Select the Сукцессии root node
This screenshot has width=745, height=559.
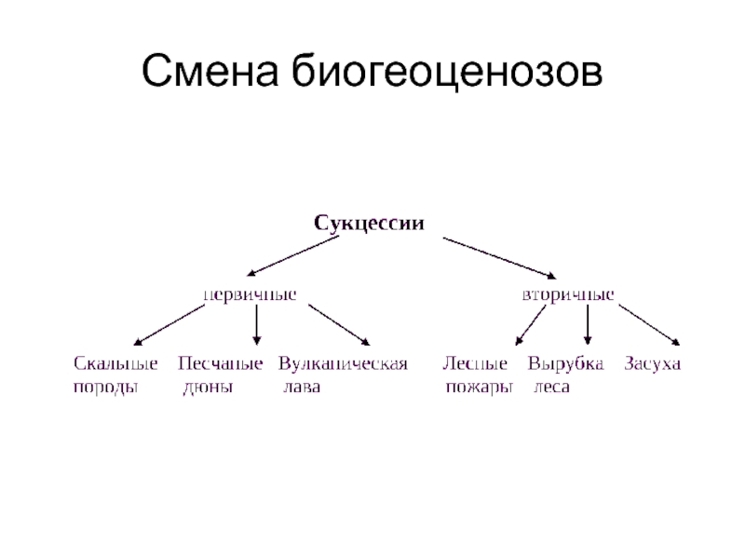pyautogui.click(x=369, y=223)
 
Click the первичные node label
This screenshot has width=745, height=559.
pyautogui.click(x=251, y=293)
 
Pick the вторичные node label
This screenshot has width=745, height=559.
pyautogui.click(x=567, y=293)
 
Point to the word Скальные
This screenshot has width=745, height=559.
pyautogui.click(x=115, y=363)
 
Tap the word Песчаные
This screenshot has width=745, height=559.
pyautogui.click(x=220, y=363)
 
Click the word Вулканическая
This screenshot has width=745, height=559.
pyautogui.click(x=344, y=363)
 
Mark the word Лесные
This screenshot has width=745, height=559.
pyautogui.click(x=475, y=363)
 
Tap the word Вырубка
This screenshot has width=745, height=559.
pyautogui.click(x=566, y=363)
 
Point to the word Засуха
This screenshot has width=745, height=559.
pyautogui.click(x=653, y=363)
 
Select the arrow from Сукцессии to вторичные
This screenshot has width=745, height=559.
pyautogui.click(x=498, y=257)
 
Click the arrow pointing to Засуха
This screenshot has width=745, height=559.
pyautogui.click(x=650, y=326)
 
